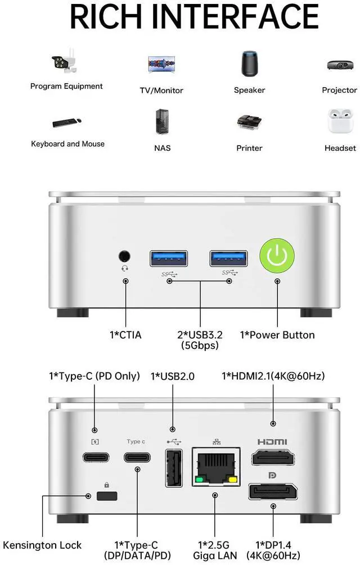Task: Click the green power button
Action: pyautogui.click(x=277, y=257)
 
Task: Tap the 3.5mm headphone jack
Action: pyautogui.click(x=125, y=257)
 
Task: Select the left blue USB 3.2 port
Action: pyautogui.click(x=169, y=258)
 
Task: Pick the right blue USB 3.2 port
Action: pyautogui.click(x=229, y=258)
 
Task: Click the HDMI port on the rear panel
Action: pyautogui.click(x=273, y=456)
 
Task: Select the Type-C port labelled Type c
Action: pyautogui.click(x=136, y=457)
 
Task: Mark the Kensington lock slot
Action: pyautogui.click(x=107, y=496)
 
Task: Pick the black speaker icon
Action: pyautogui.click(x=249, y=64)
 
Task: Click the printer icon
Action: pyautogui.click(x=249, y=123)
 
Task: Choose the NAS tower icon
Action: pyautogui.click(x=162, y=122)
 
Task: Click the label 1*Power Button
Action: pyautogui.click(x=277, y=335)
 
